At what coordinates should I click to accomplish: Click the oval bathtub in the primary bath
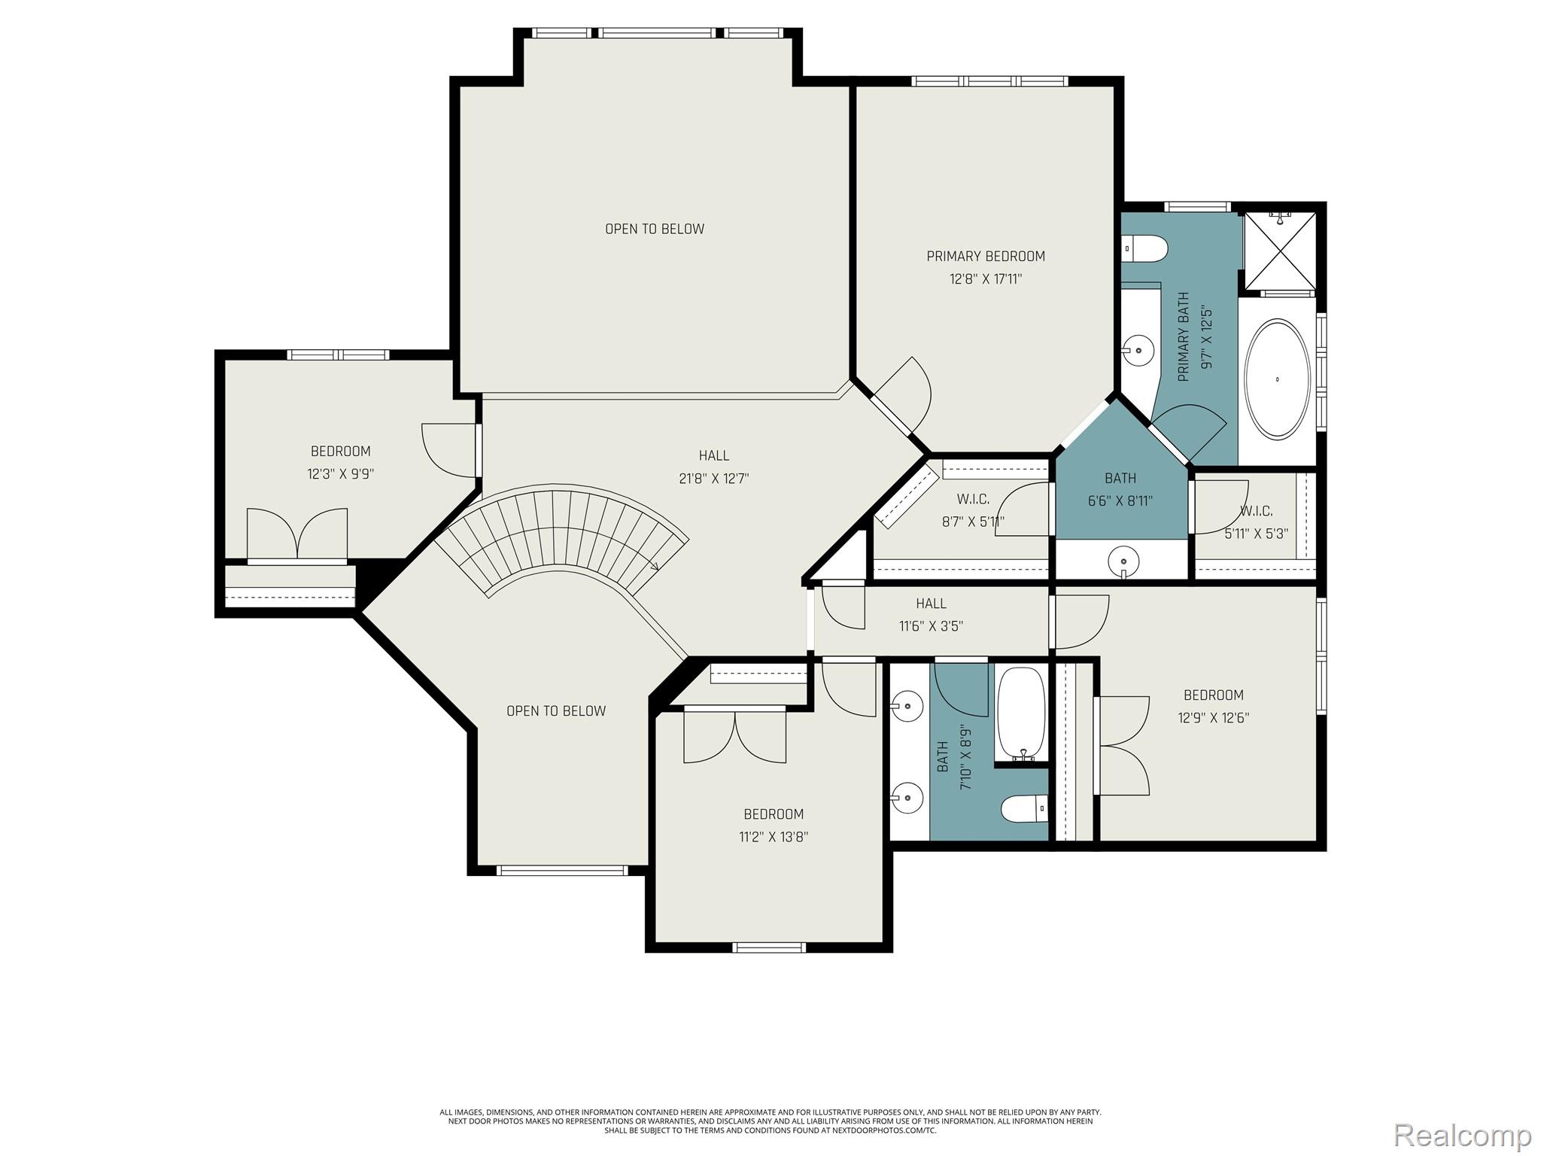click(x=1277, y=379)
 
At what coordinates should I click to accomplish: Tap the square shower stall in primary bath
click(x=1279, y=251)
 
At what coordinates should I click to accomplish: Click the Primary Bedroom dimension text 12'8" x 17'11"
click(x=986, y=279)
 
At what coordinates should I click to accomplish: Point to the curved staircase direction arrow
click(x=654, y=566)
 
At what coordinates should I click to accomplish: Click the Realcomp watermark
click(x=1462, y=1135)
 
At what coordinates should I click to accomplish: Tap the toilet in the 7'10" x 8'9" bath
click(x=1024, y=810)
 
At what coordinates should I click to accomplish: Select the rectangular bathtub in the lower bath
click(x=1021, y=713)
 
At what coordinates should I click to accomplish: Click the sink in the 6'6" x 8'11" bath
click(x=1123, y=561)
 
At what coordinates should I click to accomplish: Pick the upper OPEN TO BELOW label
click(x=655, y=229)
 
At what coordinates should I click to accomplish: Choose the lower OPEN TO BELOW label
click(x=556, y=711)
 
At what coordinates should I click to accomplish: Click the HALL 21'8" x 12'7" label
click(x=713, y=467)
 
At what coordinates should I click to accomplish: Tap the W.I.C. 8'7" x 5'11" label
click(x=973, y=510)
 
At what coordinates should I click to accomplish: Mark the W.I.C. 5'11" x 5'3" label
click(x=1256, y=522)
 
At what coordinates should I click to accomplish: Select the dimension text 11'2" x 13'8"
click(x=774, y=837)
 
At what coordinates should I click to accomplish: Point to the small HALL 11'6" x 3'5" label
click(x=931, y=614)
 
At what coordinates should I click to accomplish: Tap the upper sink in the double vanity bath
click(x=907, y=706)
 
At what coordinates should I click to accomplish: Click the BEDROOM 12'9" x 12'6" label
click(x=1213, y=706)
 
